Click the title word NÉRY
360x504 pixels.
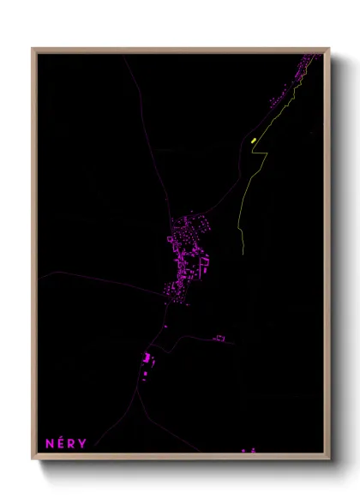tap(65, 443)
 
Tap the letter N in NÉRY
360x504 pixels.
tap(50, 443)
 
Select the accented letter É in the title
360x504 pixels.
tap(60, 443)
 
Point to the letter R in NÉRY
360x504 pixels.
tap(71, 443)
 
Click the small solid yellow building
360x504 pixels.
tap(254, 139)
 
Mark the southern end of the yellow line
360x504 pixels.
tap(243, 255)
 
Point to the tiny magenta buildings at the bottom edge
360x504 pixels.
tap(248, 449)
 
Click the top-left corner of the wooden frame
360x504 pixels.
tap(33, 49)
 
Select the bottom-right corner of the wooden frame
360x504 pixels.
tap(328, 459)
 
